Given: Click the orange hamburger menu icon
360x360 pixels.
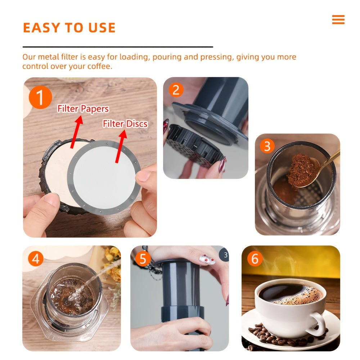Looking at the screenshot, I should click(338, 20).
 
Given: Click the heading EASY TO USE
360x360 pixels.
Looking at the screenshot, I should click(69, 28).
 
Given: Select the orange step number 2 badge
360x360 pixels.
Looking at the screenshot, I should click(176, 90).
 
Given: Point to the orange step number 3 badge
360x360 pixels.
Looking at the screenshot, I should click(267, 146).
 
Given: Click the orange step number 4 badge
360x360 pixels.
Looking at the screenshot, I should click(35, 258).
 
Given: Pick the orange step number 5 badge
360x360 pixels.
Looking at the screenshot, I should click(143, 259).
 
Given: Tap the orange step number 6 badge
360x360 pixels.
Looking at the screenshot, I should click(255, 259).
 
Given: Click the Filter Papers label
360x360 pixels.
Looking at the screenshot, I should click(83, 109).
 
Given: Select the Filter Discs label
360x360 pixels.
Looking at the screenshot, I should click(125, 124).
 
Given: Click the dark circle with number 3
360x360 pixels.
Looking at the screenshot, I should click(225, 255).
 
